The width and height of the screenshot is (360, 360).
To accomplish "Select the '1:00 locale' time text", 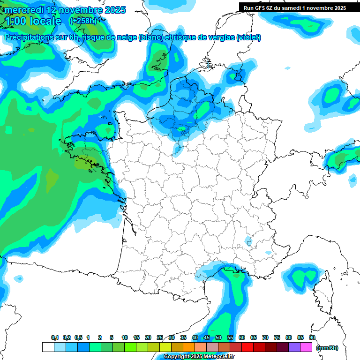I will coord(33,22).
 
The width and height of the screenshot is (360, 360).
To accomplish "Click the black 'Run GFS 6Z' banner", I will coord(295,7).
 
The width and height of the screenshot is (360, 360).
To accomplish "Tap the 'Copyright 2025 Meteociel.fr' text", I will coord(199,357).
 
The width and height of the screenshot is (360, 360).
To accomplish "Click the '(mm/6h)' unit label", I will coord(327,347).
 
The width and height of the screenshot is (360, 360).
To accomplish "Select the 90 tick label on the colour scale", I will coord(312,337).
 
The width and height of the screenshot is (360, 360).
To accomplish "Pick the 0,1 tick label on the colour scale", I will coord(54,337).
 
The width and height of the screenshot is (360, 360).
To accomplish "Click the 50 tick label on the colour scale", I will coord(218,337).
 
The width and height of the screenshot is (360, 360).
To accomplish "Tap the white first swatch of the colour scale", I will coord(48,347).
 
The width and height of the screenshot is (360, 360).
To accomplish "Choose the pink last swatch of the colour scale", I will coord(306,347).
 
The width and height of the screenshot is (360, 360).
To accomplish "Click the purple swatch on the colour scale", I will coord(294,347).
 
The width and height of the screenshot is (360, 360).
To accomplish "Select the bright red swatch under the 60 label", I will coord(247,347).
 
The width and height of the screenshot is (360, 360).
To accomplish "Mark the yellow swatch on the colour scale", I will coord(165,347).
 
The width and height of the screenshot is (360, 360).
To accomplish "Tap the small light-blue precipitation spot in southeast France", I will coord(247,241).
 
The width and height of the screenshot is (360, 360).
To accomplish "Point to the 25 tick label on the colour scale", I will coord(160,337).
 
